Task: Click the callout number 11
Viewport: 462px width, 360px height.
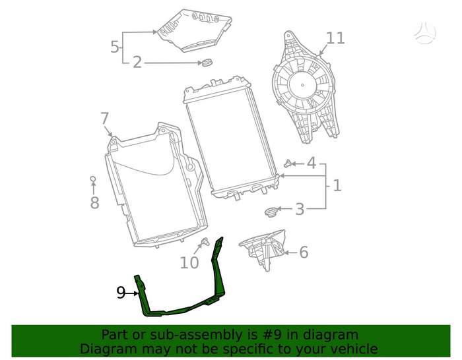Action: coord(335,38)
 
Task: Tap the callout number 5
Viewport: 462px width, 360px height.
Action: coord(115,47)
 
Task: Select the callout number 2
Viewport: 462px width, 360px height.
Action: coord(137,63)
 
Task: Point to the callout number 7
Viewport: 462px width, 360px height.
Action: coord(104,118)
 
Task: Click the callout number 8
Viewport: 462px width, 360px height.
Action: coord(94,202)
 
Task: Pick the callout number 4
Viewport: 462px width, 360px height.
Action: coord(312,163)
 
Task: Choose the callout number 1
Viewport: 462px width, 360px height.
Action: coord(337,185)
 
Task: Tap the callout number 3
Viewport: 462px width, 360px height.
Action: coord(300,209)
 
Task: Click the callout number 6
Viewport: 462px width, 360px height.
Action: coord(304,253)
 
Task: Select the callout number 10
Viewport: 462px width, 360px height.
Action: coord(189,262)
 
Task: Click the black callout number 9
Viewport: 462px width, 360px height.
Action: coord(121,293)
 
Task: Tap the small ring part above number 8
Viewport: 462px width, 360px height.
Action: coord(92,179)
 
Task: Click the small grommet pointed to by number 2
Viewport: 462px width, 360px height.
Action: coord(206,63)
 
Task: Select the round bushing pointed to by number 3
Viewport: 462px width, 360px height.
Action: coord(269,212)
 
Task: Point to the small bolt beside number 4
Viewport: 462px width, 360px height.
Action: coord(288,163)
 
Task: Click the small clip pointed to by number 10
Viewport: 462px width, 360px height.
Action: coord(205,242)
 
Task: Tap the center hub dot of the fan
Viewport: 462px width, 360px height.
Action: coord(302,85)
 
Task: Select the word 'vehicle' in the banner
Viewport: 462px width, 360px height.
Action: coord(355,349)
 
